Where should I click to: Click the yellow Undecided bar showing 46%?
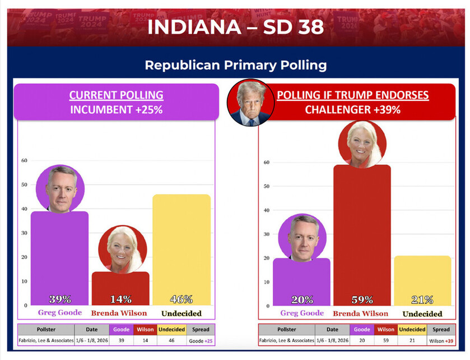tap(182, 247)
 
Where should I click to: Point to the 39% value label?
tap(59, 299)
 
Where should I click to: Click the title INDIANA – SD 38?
tap(235, 27)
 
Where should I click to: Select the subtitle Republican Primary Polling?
tap(235, 65)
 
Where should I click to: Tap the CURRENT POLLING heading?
tap(116, 95)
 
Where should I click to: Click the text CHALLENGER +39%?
tap(352, 110)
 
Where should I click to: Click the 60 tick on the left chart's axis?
tap(24, 160)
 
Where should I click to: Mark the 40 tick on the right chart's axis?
tap(267, 210)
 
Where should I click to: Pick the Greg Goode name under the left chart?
tap(60, 313)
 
